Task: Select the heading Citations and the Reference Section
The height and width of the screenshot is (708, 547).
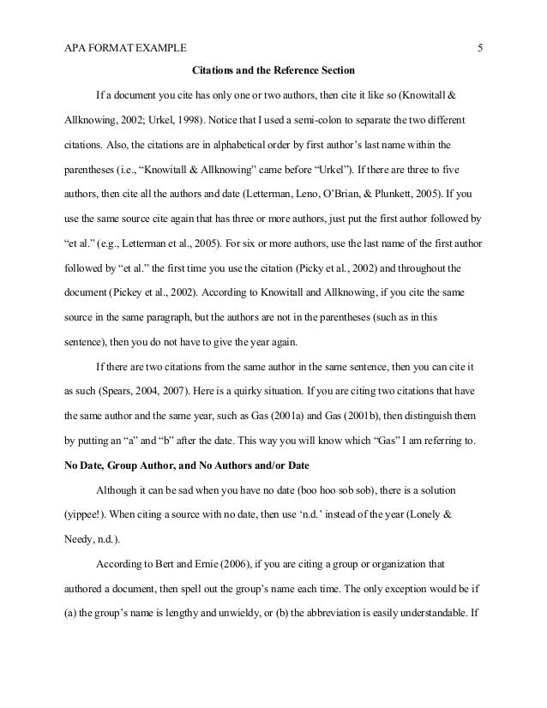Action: [x=272, y=69]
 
